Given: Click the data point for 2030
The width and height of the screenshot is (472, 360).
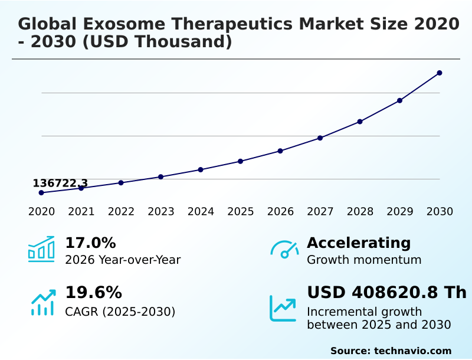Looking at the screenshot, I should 440,73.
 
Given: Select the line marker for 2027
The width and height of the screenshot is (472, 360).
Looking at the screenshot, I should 320,138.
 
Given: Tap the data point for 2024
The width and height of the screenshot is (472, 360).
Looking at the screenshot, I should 201,170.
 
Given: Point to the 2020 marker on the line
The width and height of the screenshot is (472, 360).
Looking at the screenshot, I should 41,193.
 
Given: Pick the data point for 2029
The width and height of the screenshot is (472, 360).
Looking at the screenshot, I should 399,100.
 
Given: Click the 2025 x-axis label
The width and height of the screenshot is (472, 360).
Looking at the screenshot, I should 241,212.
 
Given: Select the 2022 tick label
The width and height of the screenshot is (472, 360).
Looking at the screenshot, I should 121,212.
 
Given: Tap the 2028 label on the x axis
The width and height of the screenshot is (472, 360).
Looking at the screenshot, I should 360,212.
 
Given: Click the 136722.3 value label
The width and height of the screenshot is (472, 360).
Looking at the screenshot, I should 60,184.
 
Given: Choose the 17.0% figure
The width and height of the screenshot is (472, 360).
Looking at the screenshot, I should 90,243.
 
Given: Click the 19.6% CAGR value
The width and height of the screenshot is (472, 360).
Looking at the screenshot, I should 93,293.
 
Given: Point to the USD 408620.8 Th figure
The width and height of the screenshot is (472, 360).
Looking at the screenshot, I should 386,293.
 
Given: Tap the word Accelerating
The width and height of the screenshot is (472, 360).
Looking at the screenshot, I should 359,243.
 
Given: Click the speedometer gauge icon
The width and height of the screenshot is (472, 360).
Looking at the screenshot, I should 284,250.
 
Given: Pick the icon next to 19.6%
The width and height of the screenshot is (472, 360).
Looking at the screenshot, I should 42,302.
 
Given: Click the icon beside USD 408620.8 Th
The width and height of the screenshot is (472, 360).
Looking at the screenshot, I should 283,308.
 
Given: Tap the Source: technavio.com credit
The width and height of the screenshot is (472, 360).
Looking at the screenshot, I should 391,351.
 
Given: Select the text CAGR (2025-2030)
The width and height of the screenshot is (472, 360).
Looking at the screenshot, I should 120,312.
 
